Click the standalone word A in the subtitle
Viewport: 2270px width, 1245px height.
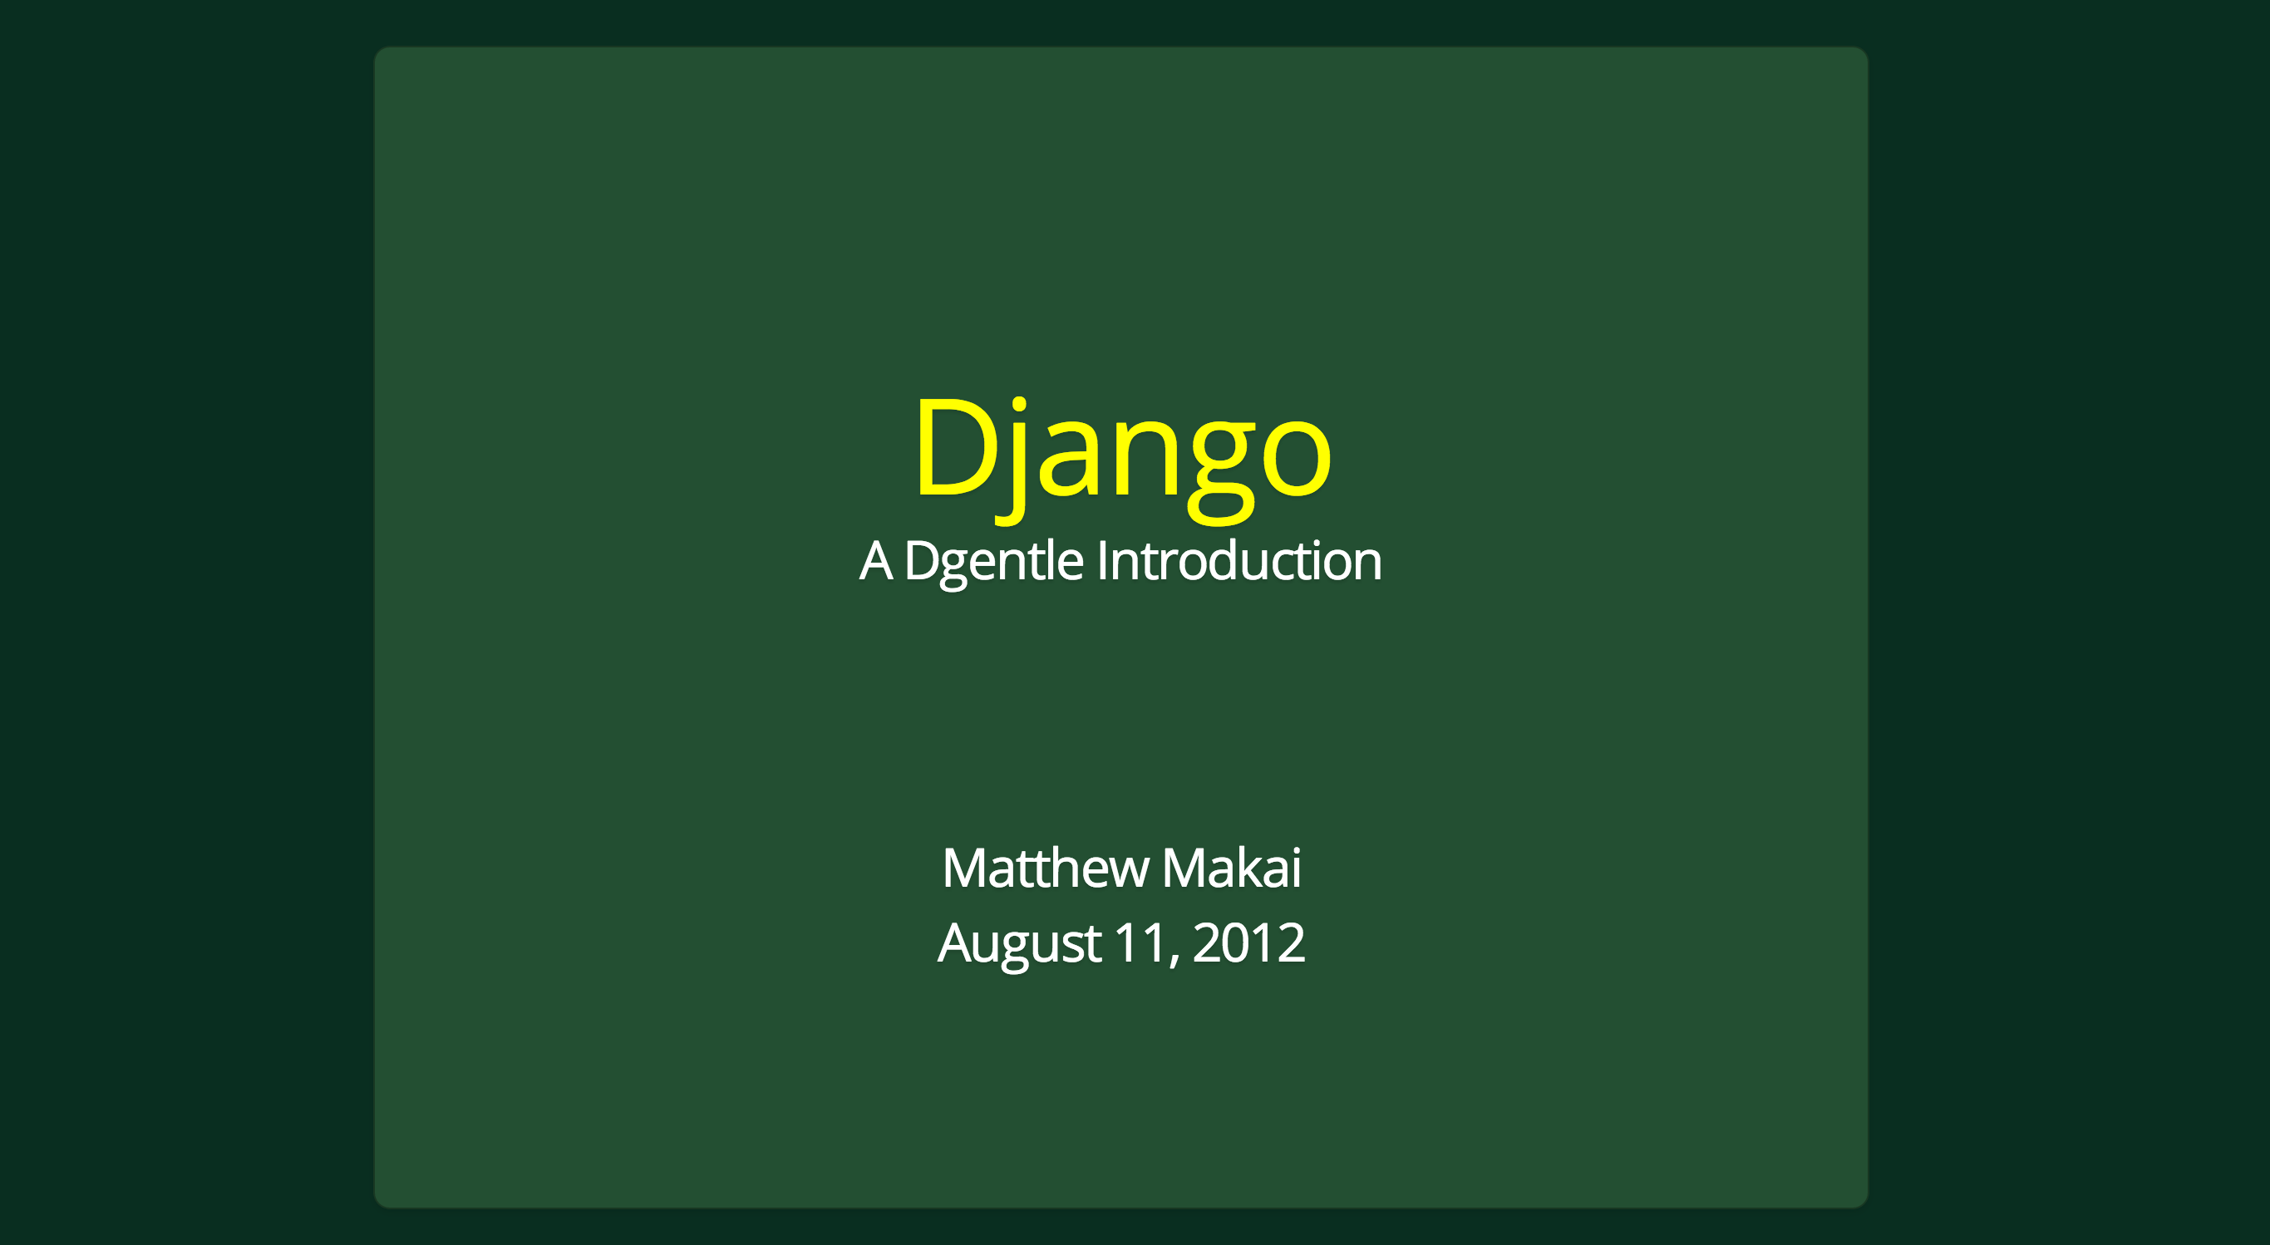tap(877, 561)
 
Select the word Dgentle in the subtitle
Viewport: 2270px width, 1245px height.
tap(994, 563)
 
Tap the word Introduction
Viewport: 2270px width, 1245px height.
tap(1240, 560)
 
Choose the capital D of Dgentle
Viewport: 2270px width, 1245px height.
tap(922, 561)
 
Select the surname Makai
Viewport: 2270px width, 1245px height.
tap(1232, 868)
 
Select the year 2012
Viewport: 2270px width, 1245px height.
tap(1248, 942)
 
